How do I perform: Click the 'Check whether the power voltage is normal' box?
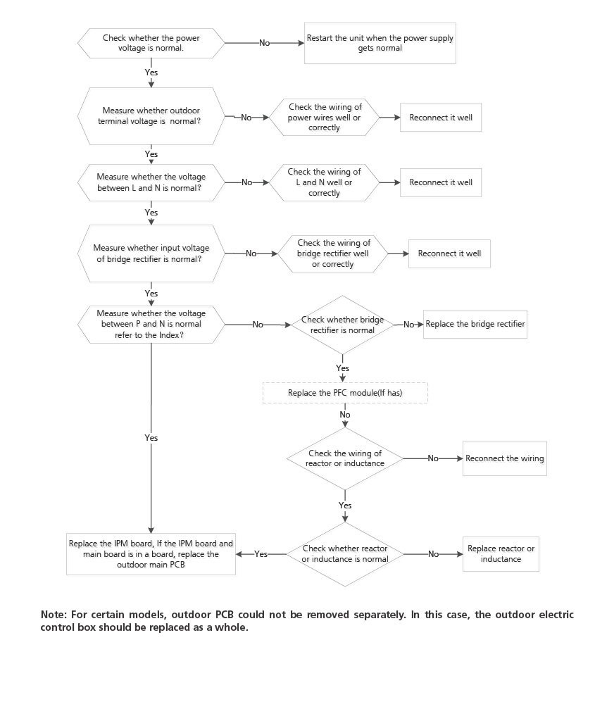[151, 43]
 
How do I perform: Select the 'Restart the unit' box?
[380, 43]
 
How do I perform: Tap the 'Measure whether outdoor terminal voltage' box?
[151, 116]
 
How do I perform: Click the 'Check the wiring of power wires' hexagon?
[324, 118]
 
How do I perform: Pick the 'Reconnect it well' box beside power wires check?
[441, 118]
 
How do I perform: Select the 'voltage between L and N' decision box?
[151, 182]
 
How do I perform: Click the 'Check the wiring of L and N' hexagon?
[324, 182]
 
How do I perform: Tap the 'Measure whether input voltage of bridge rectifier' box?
[151, 253]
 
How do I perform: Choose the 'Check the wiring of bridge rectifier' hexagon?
[333, 253]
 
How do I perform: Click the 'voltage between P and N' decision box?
[151, 325]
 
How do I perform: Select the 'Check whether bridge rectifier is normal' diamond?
[342, 325]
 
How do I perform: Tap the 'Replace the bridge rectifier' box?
[475, 325]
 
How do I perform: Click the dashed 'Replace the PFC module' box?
[345, 393]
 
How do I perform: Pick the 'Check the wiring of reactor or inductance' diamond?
[345, 458]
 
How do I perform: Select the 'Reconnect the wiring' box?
[504, 458]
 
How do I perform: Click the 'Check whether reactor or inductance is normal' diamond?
[345, 554]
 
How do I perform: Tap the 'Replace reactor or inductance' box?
[501, 554]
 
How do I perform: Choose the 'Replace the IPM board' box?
[151, 554]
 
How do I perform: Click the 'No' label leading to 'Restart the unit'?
[264, 43]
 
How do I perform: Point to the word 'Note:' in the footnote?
[54, 615]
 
